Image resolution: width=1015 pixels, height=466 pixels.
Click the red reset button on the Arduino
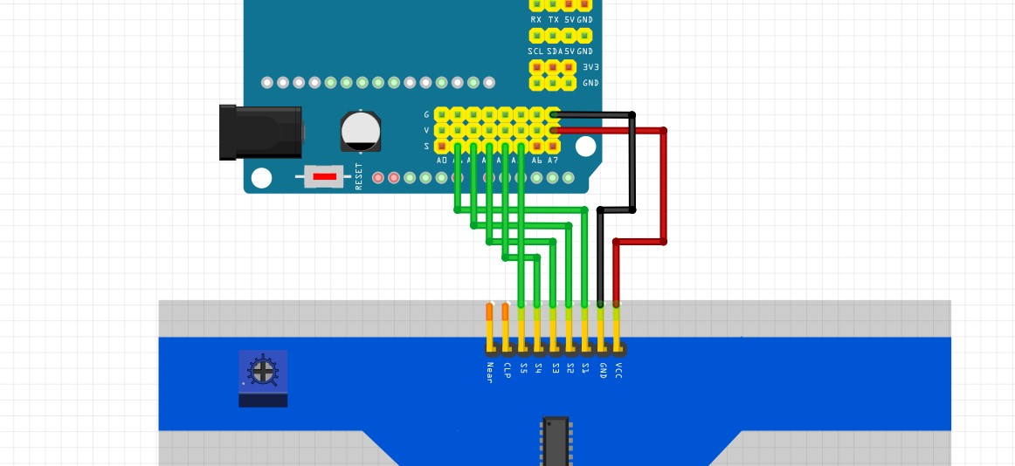pos(324,177)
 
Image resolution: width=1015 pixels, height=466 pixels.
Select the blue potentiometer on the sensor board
pos(262,372)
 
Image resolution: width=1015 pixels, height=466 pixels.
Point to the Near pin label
pos(489,373)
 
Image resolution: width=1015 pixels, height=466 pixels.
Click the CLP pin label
pos(506,371)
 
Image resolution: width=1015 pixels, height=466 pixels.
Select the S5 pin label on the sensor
pos(522,369)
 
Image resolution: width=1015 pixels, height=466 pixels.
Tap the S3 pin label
pos(554,369)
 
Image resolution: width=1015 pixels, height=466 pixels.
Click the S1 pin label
pos(585,369)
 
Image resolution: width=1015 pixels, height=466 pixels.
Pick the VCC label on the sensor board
pos(618,371)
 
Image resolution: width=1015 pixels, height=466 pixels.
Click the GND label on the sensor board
pos(602,371)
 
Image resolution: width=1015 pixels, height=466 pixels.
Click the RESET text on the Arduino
pos(358,176)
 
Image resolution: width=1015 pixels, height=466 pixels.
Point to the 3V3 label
pos(590,66)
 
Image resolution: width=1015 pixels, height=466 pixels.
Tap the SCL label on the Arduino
pos(535,51)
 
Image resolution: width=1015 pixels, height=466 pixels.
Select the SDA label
pos(554,51)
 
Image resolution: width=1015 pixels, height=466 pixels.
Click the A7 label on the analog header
pos(552,161)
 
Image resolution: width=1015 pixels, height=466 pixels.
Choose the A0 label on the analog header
pos(442,161)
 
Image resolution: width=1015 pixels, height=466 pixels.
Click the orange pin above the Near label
pos(489,312)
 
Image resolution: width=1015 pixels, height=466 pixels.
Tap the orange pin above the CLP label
pos(505,312)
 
